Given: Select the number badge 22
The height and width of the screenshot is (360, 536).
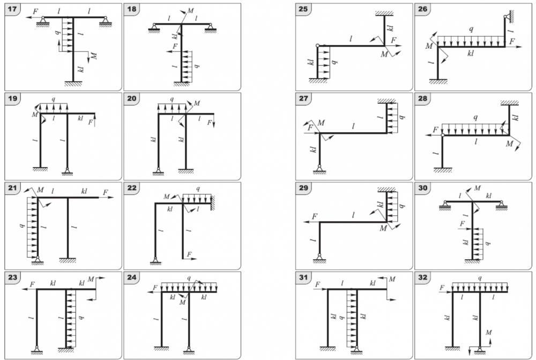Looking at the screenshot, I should pyautogui.click(x=132, y=188).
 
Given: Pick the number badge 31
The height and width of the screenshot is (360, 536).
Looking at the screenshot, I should pyautogui.click(x=304, y=277).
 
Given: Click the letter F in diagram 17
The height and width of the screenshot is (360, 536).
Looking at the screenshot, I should pyautogui.click(x=35, y=11).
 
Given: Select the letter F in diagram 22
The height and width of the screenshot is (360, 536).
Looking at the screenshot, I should pyautogui.click(x=189, y=253).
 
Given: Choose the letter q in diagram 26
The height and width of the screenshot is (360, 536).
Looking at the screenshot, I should pyautogui.click(x=471, y=30).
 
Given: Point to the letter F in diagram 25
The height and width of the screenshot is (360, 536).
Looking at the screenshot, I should pyautogui.click(x=393, y=41).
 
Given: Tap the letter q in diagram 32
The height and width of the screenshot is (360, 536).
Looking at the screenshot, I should pyautogui.click(x=479, y=278).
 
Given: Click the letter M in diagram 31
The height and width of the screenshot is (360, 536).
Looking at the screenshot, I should pyautogui.click(x=393, y=279).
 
